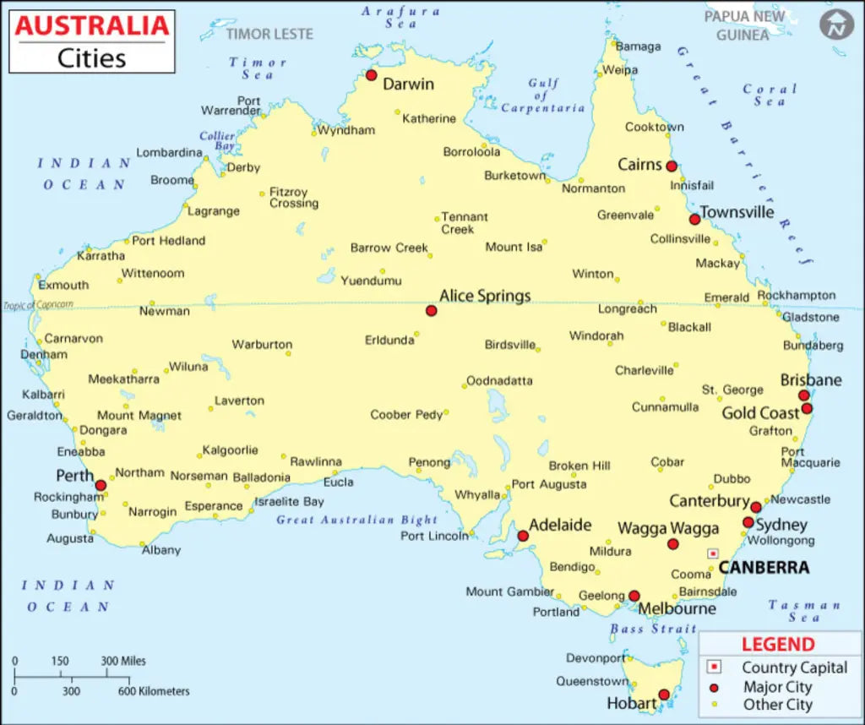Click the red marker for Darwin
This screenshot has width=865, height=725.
(x=371, y=75)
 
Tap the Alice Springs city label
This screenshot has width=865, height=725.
(x=485, y=296)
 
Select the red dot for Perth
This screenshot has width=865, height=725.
(x=101, y=485)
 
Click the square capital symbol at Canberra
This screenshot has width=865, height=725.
(x=713, y=553)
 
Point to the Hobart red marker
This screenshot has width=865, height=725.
(x=664, y=695)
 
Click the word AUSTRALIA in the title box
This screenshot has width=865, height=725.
(x=92, y=26)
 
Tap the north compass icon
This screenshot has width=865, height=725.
(x=835, y=25)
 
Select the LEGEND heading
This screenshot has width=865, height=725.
(x=778, y=645)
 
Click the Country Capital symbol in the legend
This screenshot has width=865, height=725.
(x=714, y=668)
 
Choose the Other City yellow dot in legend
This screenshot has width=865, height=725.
(x=714, y=705)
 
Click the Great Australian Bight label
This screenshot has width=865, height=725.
(x=356, y=520)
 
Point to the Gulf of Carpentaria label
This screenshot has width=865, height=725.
(x=542, y=95)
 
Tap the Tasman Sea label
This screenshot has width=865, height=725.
(x=804, y=611)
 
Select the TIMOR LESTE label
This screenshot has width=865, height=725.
(x=269, y=34)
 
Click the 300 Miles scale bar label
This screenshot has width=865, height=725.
(x=123, y=661)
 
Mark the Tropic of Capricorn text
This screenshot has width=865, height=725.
(x=38, y=305)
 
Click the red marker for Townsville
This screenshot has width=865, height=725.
(x=694, y=219)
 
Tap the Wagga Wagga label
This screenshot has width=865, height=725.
(x=668, y=528)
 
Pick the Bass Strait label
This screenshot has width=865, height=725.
(x=653, y=629)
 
